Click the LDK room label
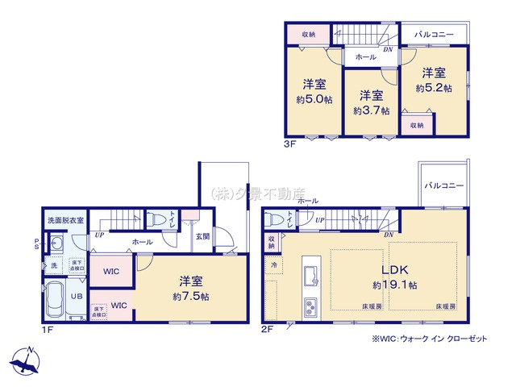(393, 271)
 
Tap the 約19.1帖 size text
(394, 285)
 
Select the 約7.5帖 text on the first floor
(191, 297)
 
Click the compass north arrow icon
(26, 360)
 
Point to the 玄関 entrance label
(202, 236)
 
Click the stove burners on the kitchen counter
(311, 306)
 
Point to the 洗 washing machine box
(55, 264)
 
